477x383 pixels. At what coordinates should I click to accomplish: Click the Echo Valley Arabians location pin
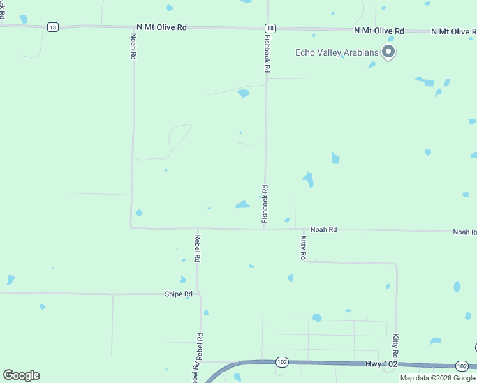pyautogui.click(x=388, y=52)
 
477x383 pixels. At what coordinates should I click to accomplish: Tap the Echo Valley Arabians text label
pyautogui.click(x=337, y=52)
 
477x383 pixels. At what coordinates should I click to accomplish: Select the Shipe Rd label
pyautogui.click(x=179, y=294)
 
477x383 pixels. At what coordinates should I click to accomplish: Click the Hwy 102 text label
pyautogui.click(x=382, y=363)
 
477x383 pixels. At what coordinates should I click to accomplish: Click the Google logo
pyautogui.click(x=21, y=375)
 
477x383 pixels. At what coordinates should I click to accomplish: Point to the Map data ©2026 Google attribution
pyautogui.click(x=437, y=378)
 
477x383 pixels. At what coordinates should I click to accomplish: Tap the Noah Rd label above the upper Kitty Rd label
pyautogui.click(x=323, y=229)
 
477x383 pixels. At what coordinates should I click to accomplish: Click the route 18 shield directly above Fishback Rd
pyautogui.click(x=271, y=28)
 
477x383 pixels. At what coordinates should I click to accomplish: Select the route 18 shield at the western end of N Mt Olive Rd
pyautogui.click(x=53, y=27)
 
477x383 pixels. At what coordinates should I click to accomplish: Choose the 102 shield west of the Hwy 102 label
pyautogui.click(x=281, y=362)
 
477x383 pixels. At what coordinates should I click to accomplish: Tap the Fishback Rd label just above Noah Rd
pyautogui.click(x=265, y=204)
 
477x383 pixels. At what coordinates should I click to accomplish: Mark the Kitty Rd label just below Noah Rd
pyautogui.click(x=304, y=247)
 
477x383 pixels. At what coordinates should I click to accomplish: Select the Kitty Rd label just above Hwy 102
pyautogui.click(x=396, y=345)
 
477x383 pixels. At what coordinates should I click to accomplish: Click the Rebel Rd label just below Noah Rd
pyautogui.click(x=198, y=249)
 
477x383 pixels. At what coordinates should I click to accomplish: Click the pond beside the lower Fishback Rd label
pyautogui.click(x=242, y=204)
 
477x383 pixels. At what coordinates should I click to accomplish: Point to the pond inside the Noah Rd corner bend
pyautogui.click(x=138, y=213)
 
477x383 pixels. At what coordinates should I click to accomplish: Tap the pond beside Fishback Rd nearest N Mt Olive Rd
pyautogui.click(x=243, y=93)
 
